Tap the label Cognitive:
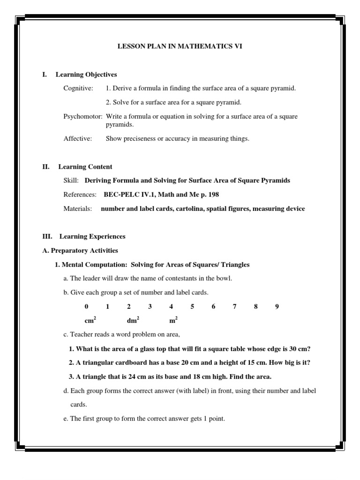(x=78, y=88)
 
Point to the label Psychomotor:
(x=83, y=116)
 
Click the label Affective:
(x=78, y=138)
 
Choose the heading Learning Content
(x=85, y=166)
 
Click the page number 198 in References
(x=214, y=195)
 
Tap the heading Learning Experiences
(x=92, y=237)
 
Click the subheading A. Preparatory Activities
(x=80, y=250)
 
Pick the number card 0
(x=86, y=307)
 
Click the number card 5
(x=192, y=307)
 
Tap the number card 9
(x=277, y=307)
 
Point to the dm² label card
(x=133, y=321)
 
